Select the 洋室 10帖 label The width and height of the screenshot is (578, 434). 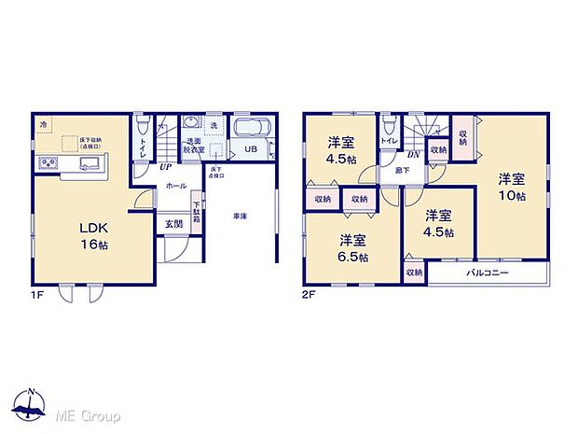point(510,187)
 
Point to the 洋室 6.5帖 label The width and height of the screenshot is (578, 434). point(352,246)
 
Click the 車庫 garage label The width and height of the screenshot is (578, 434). point(240,217)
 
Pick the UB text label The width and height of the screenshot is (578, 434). point(251,148)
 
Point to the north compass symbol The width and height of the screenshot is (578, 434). point(33,403)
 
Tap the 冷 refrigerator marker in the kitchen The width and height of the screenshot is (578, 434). point(43,123)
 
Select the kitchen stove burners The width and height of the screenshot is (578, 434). point(48,164)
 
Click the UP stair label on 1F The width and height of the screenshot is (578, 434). point(164,167)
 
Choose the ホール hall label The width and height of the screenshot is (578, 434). point(175,186)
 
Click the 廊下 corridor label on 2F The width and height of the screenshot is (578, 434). point(401,171)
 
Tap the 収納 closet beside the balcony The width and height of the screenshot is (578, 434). point(412,273)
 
